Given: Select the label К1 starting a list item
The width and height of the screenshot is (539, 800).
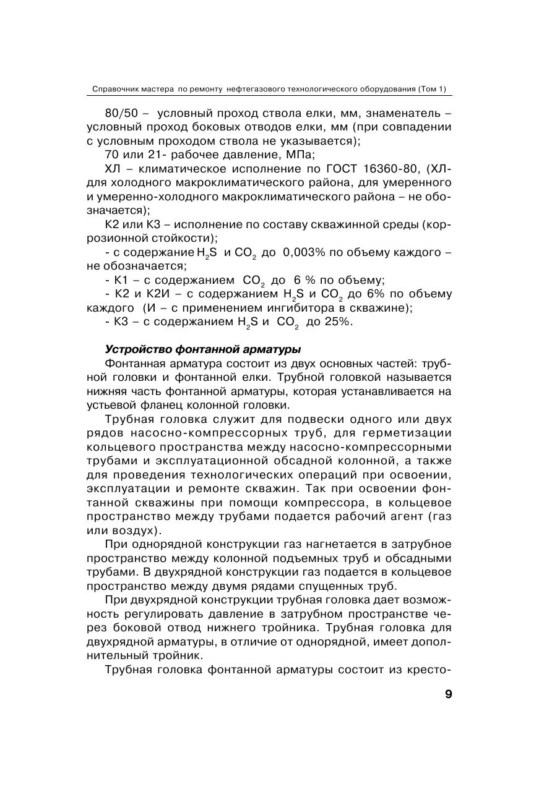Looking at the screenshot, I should (121, 280).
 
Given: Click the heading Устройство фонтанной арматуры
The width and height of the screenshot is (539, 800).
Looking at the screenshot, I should (203, 349).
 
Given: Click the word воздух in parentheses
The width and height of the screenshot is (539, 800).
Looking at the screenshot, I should (124, 530).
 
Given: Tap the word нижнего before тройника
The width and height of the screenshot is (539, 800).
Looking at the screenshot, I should (239, 628).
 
